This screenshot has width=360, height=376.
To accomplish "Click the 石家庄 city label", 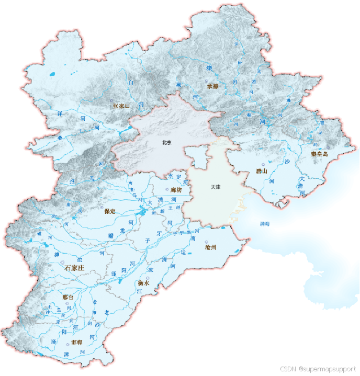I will [x=74, y=267].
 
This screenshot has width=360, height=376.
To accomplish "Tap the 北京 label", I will [x=167, y=142].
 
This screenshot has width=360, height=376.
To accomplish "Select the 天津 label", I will [x=216, y=187].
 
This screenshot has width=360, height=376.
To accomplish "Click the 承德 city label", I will [x=212, y=86].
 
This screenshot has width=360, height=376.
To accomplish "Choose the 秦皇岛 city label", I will [x=319, y=154].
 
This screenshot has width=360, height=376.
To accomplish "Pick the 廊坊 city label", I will [x=176, y=190].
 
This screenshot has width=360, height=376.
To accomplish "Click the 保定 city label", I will [x=109, y=211].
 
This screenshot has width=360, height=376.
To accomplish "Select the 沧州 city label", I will [x=211, y=247].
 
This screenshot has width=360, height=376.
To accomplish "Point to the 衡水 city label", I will [x=143, y=283].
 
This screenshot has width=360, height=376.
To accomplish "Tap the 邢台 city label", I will [x=68, y=297].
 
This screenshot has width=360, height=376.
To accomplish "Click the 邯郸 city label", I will [x=77, y=343].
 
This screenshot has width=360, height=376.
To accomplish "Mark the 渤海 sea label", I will [x=265, y=223].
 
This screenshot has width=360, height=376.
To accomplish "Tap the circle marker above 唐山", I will [x=263, y=164].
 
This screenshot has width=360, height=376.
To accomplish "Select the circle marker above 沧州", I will [x=213, y=242].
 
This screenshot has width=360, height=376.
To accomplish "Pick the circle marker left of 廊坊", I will [x=167, y=189].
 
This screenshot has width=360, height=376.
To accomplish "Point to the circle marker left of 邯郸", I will [x=68, y=343].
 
